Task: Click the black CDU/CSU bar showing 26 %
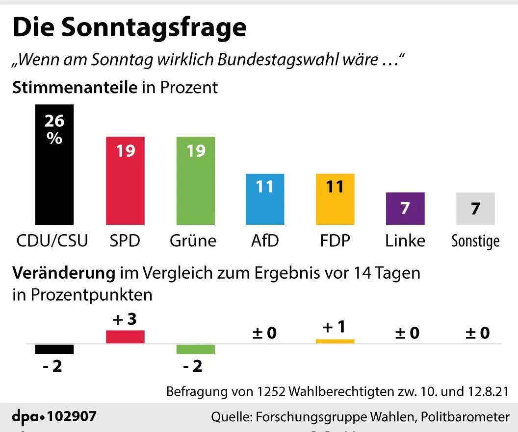tap(54, 165)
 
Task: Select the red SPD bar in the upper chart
tap(125, 181)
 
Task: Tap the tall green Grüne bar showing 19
tap(196, 181)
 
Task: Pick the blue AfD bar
tap(265, 199)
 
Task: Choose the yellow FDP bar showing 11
tap(335, 199)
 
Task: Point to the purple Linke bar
tap(405, 209)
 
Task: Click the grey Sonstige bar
tap(475, 209)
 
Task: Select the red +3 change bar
tap(125, 337)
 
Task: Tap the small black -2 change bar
tap(54, 349)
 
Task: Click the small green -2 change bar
tap(196, 349)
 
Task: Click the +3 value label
tap(125, 319)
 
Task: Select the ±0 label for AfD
tap(264, 333)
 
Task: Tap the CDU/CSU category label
tap(52, 240)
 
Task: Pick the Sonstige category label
tap(475, 241)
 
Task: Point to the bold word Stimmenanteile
tap(75, 87)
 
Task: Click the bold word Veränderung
tap(64, 273)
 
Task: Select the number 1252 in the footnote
tap(271, 392)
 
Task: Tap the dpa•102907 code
tap(54, 416)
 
